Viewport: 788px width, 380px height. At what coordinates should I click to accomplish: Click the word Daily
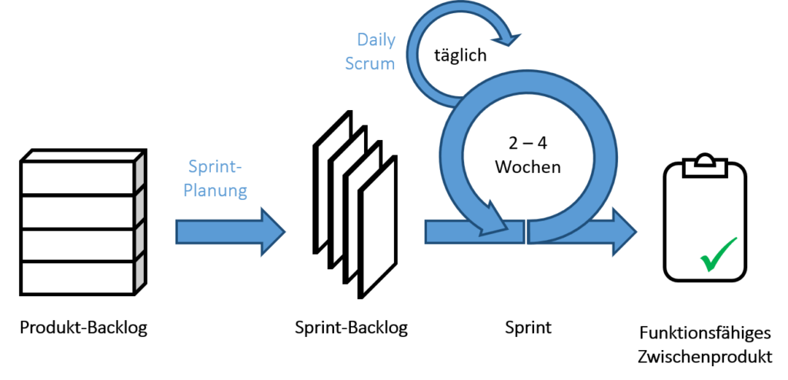pyautogui.click(x=376, y=40)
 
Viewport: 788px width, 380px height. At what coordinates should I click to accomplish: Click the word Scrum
pyautogui.click(x=369, y=64)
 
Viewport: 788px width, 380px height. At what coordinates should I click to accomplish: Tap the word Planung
pyautogui.click(x=215, y=190)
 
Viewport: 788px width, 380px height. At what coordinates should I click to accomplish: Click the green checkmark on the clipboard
pyautogui.click(x=718, y=254)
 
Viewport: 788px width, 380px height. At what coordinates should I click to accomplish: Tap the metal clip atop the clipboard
pyautogui.click(x=705, y=164)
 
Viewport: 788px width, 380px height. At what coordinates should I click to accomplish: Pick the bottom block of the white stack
pyautogui.click(x=78, y=277)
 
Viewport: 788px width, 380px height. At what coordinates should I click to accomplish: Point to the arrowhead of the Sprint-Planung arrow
pyautogui.click(x=273, y=231)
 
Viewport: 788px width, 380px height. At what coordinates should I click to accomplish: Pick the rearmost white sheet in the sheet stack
pyautogui.click(x=333, y=181)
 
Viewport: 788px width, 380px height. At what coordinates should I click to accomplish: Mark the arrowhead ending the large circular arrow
pyautogui.click(x=492, y=219)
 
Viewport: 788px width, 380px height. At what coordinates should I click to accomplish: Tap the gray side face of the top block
pyautogui.click(x=139, y=174)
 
